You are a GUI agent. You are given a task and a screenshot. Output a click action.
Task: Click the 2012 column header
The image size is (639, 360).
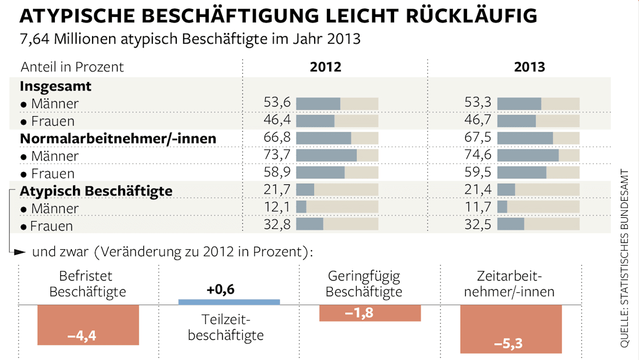click(x=325, y=67)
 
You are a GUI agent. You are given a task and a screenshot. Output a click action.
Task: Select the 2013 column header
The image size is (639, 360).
click(x=529, y=67)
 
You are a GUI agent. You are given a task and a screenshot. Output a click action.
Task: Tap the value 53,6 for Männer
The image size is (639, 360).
click(x=277, y=103)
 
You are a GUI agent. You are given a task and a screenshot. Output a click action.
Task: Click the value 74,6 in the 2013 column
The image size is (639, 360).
click(x=479, y=156)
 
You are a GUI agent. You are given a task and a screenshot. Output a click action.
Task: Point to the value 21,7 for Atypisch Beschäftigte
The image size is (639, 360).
click(x=277, y=190)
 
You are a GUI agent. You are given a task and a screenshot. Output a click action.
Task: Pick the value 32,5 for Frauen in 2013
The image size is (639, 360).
click(x=479, y=225)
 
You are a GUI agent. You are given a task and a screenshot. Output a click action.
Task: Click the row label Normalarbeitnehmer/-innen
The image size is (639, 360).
click(x=118, y=138)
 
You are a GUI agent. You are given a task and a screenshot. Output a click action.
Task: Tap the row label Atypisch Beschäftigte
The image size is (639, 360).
click(x=96, y=191)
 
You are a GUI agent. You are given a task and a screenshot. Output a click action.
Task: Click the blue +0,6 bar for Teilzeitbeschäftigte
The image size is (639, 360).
click(x=229, y=302)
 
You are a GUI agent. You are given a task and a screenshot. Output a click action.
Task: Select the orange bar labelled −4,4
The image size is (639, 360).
click(x=88, y=325)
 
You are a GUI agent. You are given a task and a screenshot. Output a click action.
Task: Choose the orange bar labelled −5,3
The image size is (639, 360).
click(x=511, y=329)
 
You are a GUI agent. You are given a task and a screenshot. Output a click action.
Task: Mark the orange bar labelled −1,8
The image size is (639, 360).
click(x=370, y=313)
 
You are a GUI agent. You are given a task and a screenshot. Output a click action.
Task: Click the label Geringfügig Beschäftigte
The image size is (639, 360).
click(x=364, y=284)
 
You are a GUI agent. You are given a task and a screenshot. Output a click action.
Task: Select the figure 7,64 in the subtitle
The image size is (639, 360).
click(x=35, y=40)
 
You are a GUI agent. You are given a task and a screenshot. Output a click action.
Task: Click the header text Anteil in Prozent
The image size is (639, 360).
click(x=72, y=67)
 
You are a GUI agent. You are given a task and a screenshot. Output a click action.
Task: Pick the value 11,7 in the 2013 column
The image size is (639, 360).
click(x=479, y=208)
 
